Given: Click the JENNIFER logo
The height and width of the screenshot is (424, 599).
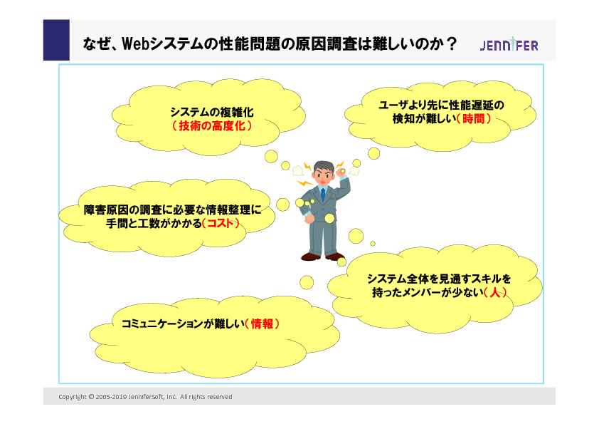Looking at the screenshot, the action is [509, 45].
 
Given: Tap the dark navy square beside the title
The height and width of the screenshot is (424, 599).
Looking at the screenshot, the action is [56, 40].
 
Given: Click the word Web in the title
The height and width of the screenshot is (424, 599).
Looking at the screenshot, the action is [135, 43].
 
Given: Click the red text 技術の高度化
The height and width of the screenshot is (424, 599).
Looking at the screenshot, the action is [212, 126].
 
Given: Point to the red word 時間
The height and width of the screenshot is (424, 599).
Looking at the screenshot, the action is [474, 118].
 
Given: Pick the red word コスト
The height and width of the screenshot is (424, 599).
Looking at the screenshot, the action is [221, 223].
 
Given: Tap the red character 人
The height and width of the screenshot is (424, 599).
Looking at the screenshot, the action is [495, 293].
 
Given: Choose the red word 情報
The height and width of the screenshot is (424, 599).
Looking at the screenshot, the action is [262, 324].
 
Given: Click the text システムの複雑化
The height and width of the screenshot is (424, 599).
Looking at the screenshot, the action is [212, 112].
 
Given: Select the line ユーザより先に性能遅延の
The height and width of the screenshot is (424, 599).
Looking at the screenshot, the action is [441, 105].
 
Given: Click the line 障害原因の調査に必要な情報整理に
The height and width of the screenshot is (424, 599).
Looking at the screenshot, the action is [173, 210].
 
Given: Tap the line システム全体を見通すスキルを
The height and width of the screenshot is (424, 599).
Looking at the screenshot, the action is [439, 279].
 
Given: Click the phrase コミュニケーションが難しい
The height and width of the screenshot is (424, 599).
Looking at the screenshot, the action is [183, 324].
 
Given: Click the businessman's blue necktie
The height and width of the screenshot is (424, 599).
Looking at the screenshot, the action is [323, 195].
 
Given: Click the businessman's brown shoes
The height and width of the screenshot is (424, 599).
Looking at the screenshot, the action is [323, 257].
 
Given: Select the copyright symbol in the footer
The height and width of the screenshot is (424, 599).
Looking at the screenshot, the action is [91, 397].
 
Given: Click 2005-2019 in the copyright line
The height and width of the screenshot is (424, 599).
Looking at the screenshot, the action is [111, 397].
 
